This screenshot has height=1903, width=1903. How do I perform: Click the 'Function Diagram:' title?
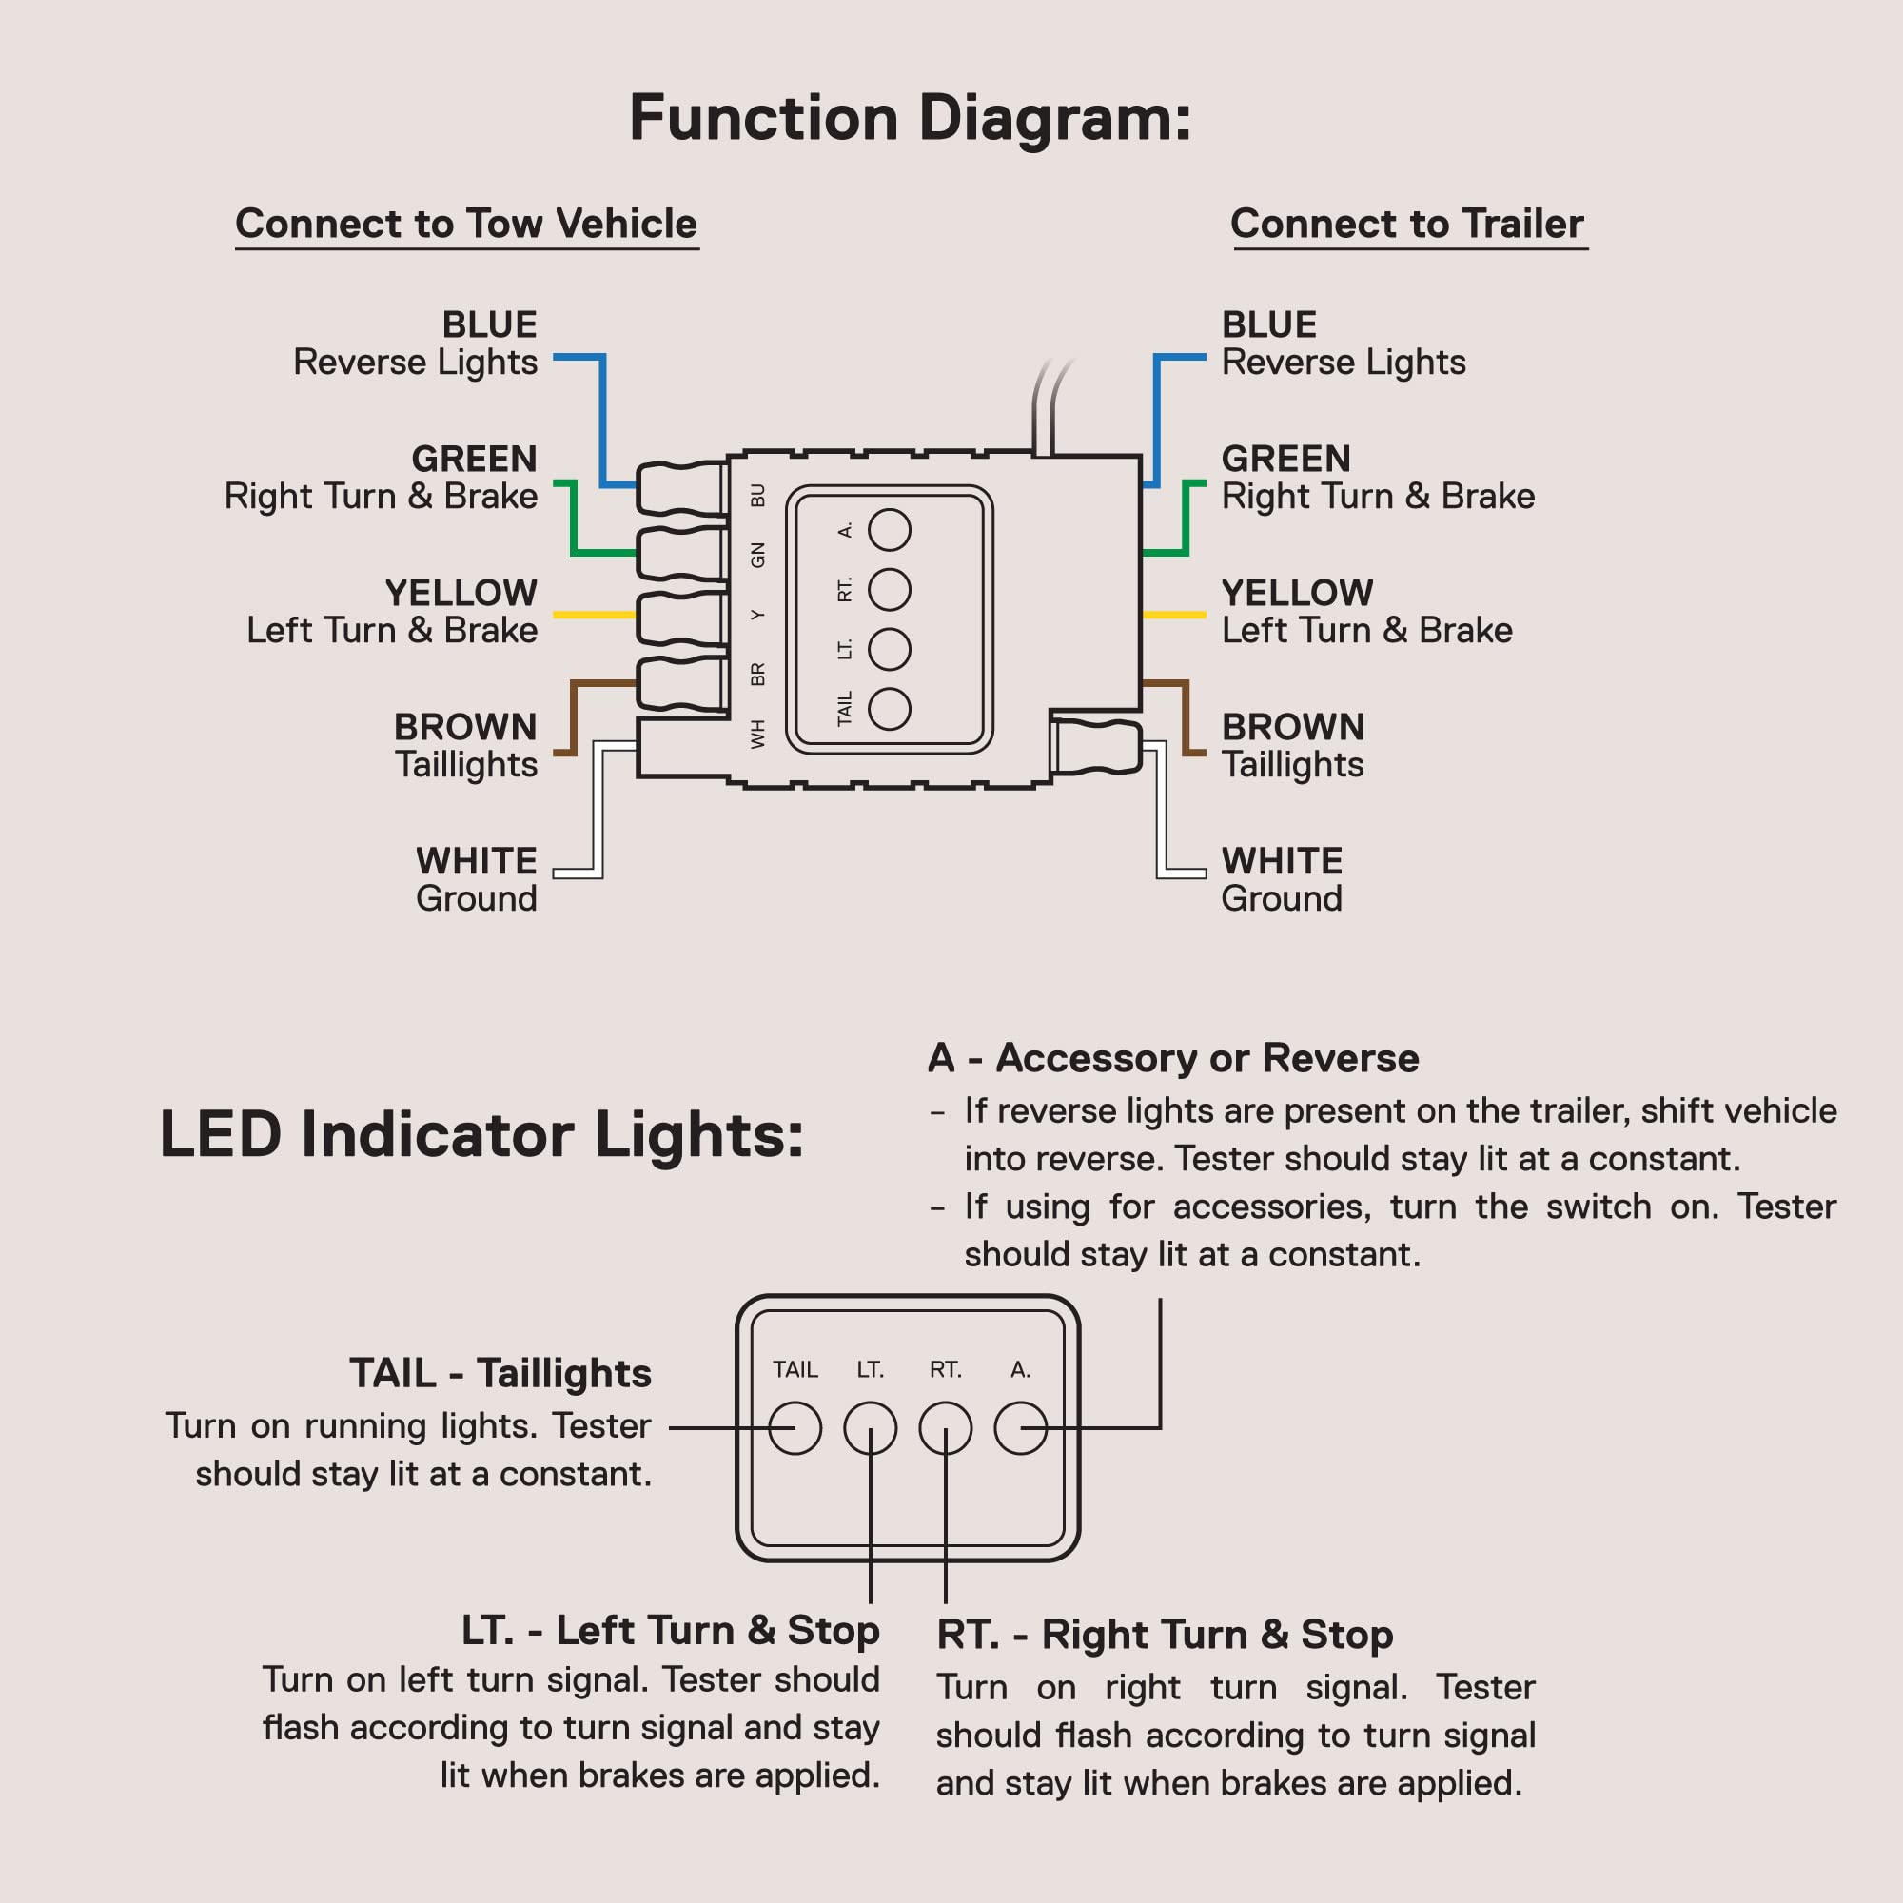point(911,118)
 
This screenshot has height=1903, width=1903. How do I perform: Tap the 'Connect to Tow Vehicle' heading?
point(466,224)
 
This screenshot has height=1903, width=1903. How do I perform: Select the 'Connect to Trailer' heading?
point(1407,224)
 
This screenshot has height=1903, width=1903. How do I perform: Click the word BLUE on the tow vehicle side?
point(489,324)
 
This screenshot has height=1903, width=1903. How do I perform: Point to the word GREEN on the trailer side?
point(1285,458)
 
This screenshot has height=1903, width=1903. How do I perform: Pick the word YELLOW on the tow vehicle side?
point(461,592)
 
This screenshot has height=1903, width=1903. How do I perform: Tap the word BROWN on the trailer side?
point(1293,727)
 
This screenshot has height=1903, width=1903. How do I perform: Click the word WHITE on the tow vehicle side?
point(477,861)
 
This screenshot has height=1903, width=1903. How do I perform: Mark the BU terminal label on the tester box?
point(757,495)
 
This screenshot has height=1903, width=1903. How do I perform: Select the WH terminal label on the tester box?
point(757,734)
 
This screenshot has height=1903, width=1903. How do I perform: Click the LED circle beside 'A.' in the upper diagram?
point(890,530)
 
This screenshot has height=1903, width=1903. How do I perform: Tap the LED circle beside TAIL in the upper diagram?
point(890,709)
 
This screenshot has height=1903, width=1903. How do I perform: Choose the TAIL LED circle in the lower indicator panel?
point(795,1428)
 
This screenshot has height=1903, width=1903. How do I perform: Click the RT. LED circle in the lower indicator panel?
point(946,1428)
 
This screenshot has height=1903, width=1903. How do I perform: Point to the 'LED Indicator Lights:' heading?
point(481,1135)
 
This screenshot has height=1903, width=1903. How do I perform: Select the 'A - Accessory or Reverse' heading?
point(1173,1058)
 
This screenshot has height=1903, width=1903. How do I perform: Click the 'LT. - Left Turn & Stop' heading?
point(671,1630)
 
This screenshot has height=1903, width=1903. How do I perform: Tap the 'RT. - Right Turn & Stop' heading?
point(1165,1634)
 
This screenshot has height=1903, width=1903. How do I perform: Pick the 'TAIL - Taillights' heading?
point(500,1373)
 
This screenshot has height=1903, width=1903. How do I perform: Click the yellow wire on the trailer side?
point(1174,615)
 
